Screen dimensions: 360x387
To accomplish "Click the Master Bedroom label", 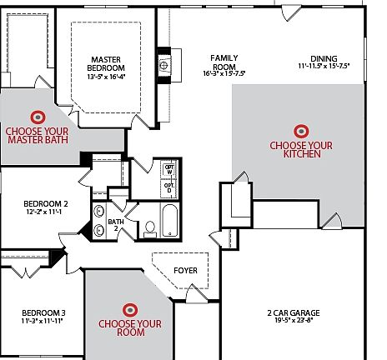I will point(107,63).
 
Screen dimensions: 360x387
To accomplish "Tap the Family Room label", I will point(224,62).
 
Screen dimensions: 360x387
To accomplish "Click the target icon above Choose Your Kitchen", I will point(301,131).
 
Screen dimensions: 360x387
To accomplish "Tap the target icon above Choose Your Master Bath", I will point(38,117).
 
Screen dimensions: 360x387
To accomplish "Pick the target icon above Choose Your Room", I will point(129,309).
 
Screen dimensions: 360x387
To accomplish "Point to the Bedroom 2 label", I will point(45,203).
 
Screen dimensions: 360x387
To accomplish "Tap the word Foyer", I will point(185,270).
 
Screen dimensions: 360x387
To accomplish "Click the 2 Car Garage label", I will point(294,313).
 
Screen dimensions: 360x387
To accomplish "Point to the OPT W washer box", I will point(169,170).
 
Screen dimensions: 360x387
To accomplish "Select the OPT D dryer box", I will point(169,189).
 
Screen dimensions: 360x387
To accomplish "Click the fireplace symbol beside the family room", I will point(164,64).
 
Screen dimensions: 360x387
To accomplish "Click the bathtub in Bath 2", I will point(169,222).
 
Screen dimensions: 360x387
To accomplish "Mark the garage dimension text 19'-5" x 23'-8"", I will point(294,322).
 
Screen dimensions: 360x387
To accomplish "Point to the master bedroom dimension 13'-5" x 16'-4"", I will point(107,77).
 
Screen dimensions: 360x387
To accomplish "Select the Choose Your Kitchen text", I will point(301,149).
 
